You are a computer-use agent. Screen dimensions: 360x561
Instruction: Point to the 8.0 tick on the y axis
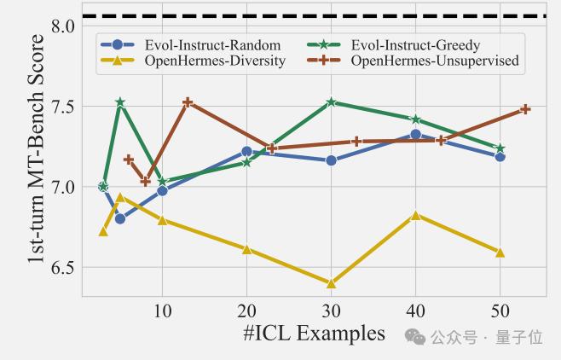click(63, 26)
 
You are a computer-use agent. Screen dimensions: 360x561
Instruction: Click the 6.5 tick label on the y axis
click(63, 268)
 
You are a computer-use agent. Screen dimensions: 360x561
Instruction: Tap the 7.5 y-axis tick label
click(63, 107)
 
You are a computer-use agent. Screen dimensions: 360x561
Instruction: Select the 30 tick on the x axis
click(331, 310)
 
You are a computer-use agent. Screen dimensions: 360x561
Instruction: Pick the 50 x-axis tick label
click(500, 310)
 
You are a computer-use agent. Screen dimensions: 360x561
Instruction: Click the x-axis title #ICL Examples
click(313, 333)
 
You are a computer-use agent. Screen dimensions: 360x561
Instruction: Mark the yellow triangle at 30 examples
click(331, 283)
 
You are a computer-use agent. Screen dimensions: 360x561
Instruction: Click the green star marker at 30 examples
click(331, 102)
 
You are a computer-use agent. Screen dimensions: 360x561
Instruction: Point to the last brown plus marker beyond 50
click(525, 109)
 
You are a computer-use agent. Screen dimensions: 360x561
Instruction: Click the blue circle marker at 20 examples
click(246, 151)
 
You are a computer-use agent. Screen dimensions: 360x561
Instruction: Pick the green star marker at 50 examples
click(500, 148)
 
